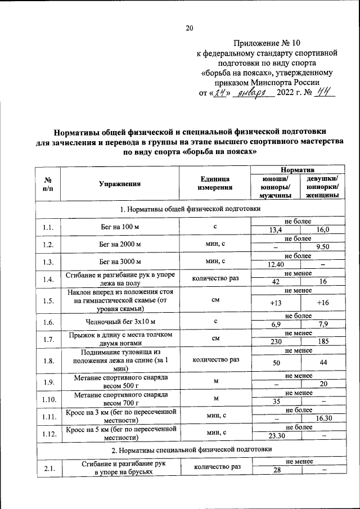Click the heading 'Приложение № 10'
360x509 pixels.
tap(269, 42)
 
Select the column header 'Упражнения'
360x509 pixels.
tap(120, 183)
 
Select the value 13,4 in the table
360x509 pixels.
tap(276, 230)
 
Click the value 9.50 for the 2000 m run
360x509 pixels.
tap(322, 247)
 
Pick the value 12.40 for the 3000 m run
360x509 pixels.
tap(276, 265)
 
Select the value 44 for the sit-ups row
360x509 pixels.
tap(322, 363)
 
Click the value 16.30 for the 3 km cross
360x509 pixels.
tap(322, 419)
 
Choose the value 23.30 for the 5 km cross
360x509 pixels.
tap(276, 436)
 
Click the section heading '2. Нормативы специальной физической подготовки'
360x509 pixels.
tap(191, 450)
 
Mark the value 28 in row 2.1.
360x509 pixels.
tap(276, 471)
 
